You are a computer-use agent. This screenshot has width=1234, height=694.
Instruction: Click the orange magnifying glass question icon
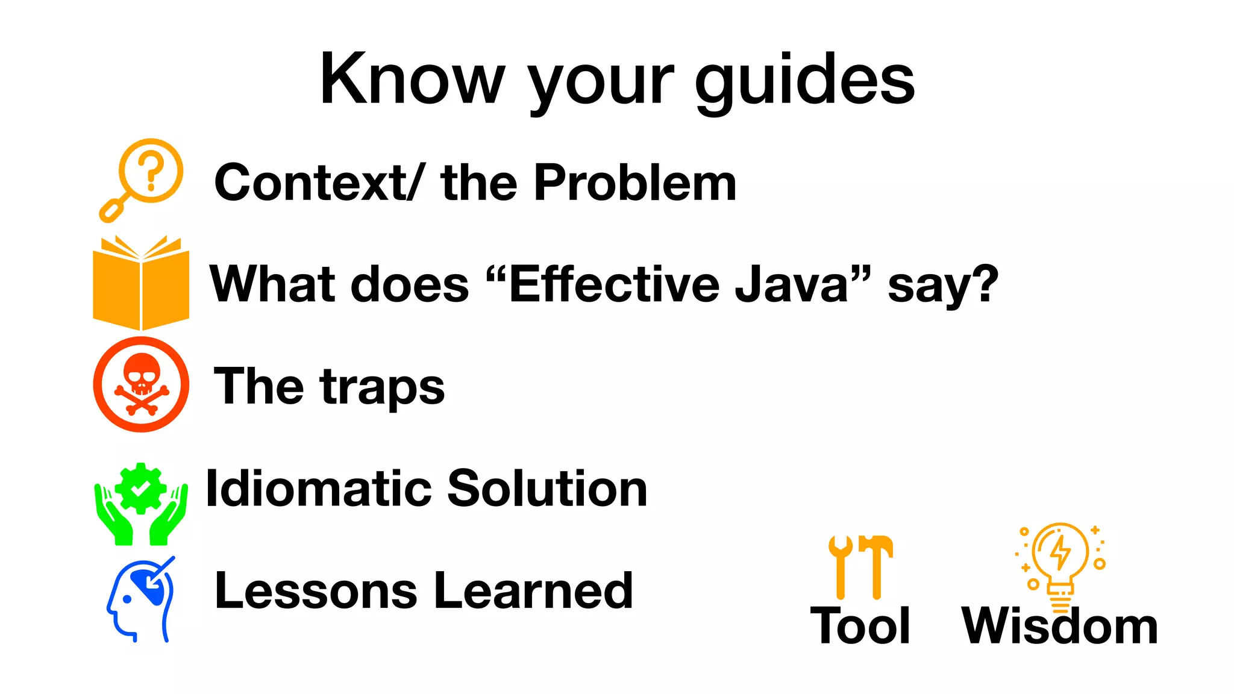(x=143, y=178)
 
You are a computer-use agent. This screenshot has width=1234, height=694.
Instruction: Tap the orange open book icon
(x=141, y=283)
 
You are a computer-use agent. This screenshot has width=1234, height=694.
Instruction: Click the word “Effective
(x=603, y=284)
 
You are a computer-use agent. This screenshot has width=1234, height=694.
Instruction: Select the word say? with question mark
(x=943, y=286)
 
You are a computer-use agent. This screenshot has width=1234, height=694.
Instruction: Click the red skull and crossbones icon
(x=141, y=384)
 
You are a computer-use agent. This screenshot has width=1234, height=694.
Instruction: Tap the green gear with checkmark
(x=140, y=489)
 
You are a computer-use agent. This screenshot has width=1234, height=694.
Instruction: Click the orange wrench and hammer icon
(x=860, y=566)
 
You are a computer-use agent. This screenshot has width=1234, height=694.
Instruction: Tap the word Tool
(x=860, y=627)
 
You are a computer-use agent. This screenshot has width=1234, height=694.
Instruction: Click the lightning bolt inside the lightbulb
(x=1060, y=551)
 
